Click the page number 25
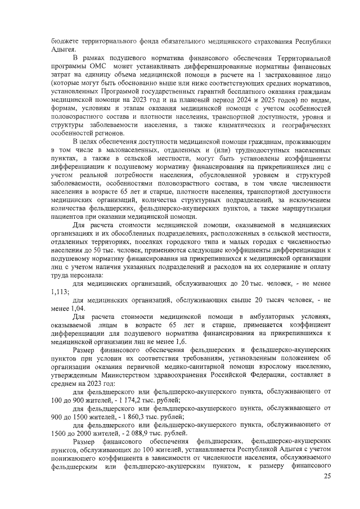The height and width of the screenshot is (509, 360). coord(327,476)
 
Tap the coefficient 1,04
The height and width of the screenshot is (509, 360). coord(78,309)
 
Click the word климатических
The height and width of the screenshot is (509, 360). coord(235,125)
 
